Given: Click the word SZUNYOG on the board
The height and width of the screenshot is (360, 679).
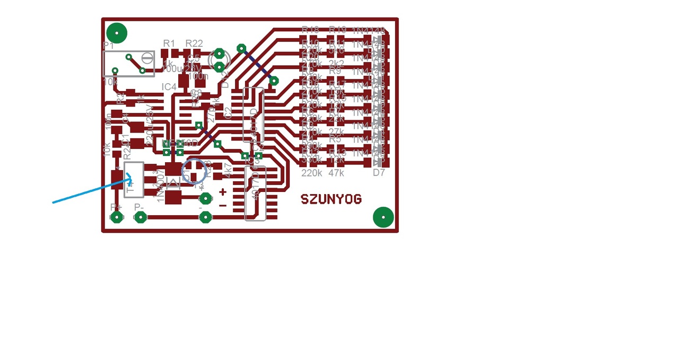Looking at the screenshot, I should tap(332, 199).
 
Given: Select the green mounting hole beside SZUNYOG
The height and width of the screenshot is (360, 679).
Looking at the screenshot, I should tap(383, 217).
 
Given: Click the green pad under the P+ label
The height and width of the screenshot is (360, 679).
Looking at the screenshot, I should tap(116, 216).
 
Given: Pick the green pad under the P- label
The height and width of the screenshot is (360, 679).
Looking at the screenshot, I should tap(140, 216).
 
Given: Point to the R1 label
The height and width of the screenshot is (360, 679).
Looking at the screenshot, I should tap(169, 43).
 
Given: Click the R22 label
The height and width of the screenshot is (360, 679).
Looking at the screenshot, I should tap(194, 43).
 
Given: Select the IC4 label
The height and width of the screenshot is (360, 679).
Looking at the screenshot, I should tap(169, 86).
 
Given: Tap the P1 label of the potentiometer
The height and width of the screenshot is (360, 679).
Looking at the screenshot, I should tap(109, 46).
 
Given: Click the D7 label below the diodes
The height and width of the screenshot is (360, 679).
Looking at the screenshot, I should tap(379, 173).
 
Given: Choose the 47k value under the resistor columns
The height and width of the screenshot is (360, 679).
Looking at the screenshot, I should tap(336, 173).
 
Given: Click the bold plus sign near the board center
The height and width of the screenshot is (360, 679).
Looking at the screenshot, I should tap(223, 192).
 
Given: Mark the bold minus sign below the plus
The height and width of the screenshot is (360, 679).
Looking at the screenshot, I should tap(223, 205).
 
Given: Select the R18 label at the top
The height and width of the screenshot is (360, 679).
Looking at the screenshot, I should tap(310, 30).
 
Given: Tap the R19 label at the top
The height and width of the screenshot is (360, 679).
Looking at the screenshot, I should tap(337, 30).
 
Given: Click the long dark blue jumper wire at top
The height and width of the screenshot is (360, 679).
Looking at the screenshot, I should tap(257, 65).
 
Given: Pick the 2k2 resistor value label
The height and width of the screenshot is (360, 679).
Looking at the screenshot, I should tap(336, 64).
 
